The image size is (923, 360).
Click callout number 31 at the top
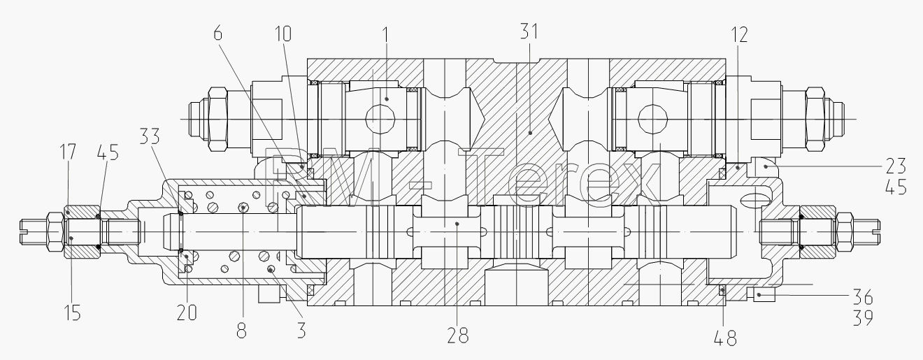click(x=529, y=31)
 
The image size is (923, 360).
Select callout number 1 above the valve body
click(x=386, y=35)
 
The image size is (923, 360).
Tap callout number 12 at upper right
click(x=739, y=34)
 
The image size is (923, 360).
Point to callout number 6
click(x=218, y=33)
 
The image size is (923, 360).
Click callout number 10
click(x=282, y=34)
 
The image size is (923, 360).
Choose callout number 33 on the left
click(x=149, y=136)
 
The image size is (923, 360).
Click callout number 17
click(x=69, y=152)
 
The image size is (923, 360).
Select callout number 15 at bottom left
click(x=73, y=312)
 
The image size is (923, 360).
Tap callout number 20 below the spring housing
click(x=187, y=312)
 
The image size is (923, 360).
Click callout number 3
click(x=301, y=329)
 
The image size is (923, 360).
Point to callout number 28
click(x=458, y=336)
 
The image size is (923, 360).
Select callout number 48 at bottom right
click(x=725, y=338)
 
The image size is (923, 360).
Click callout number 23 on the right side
click(x=896, y=166)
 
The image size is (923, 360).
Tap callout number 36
click(x=862, y=297)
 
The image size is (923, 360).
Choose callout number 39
click(x=862, y=317)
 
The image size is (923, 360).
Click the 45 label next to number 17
click(x=108, y=152)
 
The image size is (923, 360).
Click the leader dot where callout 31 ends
click(x=530, y=133)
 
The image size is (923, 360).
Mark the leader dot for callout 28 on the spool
click(x=457, y=224)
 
